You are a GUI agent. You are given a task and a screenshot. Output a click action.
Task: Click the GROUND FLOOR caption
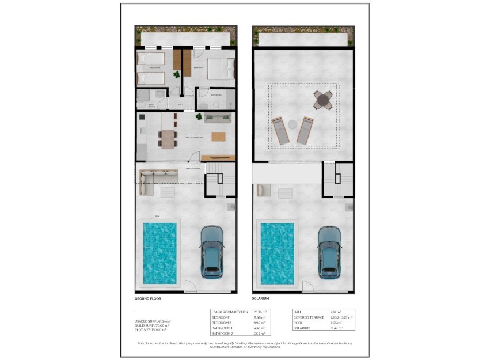coord(148,299)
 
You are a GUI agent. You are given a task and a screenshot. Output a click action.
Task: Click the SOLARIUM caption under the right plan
coord(260,299)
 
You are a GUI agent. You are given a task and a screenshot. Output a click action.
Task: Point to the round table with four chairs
coord(324,100)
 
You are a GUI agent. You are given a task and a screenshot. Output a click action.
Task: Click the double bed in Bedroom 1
coord(218,70)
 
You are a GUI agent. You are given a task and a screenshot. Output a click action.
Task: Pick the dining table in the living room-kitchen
coord(168,139)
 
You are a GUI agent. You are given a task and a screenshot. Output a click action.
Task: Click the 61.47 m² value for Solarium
coord(336,328)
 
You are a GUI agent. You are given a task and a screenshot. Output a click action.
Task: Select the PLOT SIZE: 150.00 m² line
coord(150,329)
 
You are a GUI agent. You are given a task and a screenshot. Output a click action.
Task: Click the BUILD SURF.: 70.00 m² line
coord(151,325)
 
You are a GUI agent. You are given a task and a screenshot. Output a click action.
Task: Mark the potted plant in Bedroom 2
coord(176,74)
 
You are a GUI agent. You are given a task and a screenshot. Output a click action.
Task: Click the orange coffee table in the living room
coord(219,137)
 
